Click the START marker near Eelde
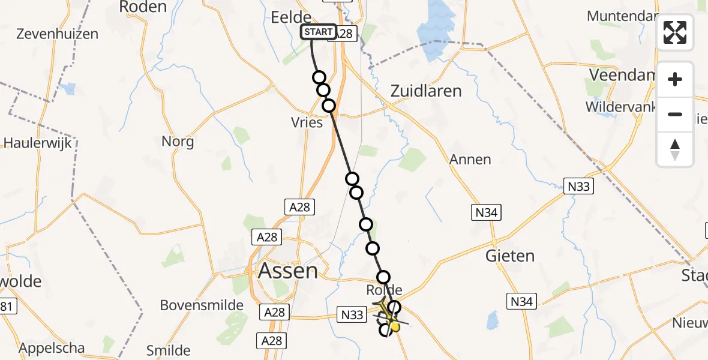[317, 32]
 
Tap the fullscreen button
[675, 32]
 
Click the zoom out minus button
[675, 114]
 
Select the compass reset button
[675, 149]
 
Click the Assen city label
[288, 271]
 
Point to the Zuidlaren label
[426, 91]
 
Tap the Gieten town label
[509, 256]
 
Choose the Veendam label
[621, 75]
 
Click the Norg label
[178, 142]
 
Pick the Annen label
[470, 160]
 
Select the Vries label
[307, 123]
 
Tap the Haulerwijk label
[37, 143]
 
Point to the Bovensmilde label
[202, 305]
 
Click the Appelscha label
[52, 348]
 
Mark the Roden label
[143, 7]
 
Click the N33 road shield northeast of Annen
[579, 187]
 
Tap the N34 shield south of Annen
[486, 212]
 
